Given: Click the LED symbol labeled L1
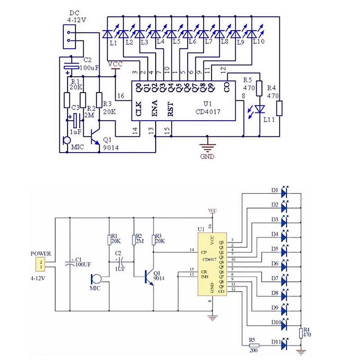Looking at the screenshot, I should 107,33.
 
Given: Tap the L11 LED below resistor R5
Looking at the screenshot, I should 259,109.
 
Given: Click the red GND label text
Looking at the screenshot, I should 208,157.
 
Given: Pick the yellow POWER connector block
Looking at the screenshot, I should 41,264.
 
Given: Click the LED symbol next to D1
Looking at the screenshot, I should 283,193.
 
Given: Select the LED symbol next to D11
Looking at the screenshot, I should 283,345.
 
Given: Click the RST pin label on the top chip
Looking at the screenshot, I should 171,110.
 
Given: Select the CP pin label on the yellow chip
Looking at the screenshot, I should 203,253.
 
